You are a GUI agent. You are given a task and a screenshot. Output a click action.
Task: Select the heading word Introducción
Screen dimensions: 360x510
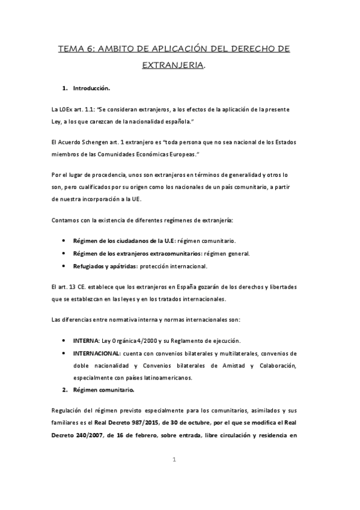(91, 89)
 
